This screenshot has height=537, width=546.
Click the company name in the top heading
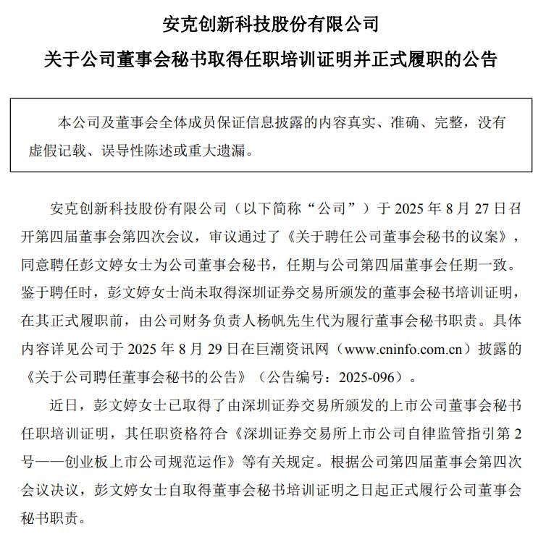(272, 23)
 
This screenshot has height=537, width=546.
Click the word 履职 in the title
(434, 59)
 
